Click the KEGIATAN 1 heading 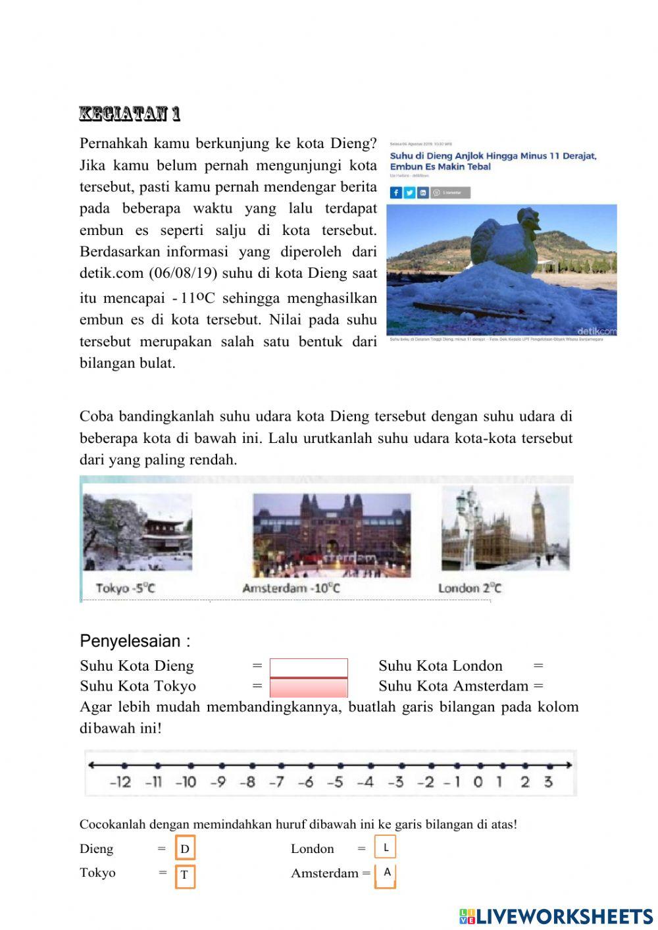130,114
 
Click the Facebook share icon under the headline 395,193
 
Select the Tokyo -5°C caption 125,588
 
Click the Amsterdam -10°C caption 291,588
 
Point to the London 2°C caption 469,588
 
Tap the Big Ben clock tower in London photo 538,520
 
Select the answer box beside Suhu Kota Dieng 309,667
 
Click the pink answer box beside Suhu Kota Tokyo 309,688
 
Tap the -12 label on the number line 120,782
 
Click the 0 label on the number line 478,782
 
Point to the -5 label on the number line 335,782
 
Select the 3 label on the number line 548,782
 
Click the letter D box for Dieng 185,848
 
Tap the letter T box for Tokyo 185,875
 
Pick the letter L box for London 386,847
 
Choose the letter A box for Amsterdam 386,873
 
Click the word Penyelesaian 130,641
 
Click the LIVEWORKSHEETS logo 556,916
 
